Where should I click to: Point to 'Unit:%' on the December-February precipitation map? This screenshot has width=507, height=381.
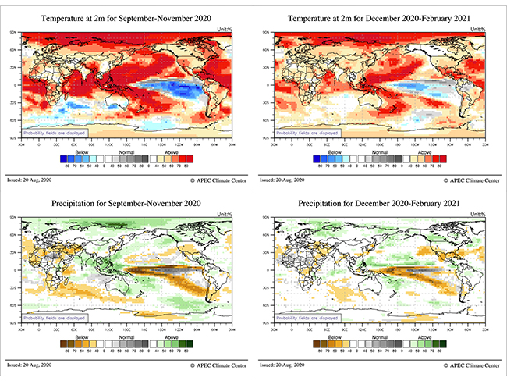coord(478,215)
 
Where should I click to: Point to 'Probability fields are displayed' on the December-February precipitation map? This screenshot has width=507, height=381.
coord(307,319)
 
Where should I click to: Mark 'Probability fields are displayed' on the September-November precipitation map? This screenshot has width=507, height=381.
coord(53,319)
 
